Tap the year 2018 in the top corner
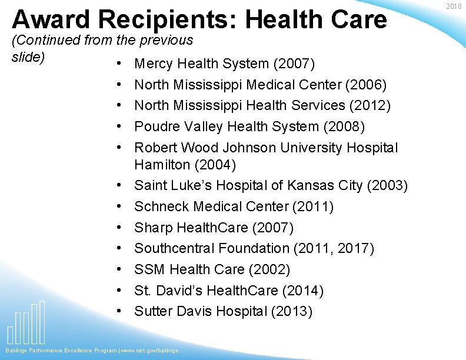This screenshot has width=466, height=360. pyautogui.click(x=454, y=6)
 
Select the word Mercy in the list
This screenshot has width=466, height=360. pyautogui.click(x=154, y=64)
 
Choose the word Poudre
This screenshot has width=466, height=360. pyautogui.click(x=155, y=126)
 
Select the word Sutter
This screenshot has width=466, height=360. pyautogui.click(x=152, y=311)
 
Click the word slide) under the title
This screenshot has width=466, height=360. pyautogui.click(x=29, y=57)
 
